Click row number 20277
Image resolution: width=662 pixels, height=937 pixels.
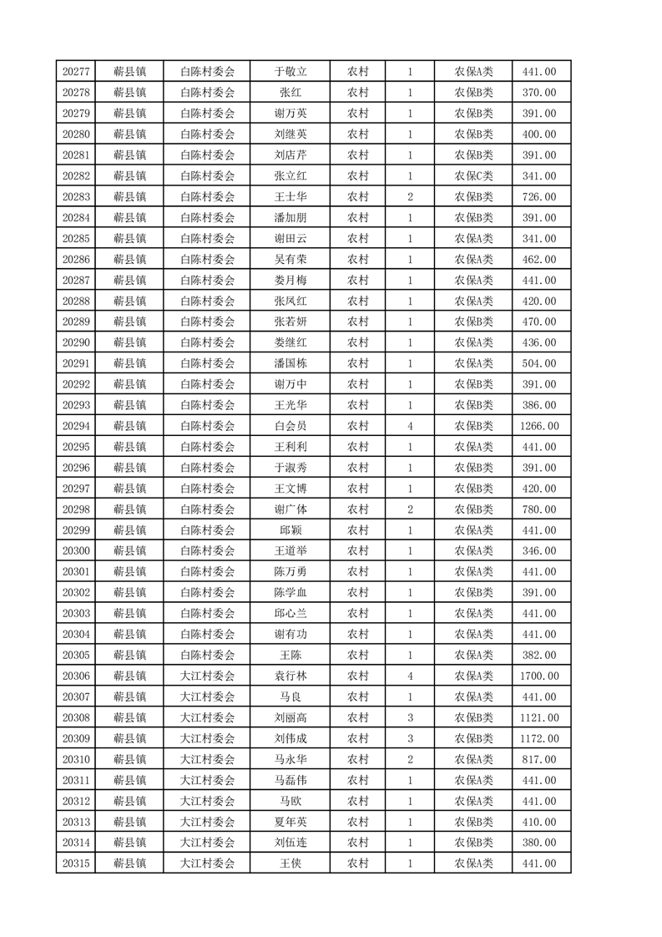tap(76, 72)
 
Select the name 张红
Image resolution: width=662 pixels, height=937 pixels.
tap(291, 93)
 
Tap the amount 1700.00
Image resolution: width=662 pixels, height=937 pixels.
tap(539, 676)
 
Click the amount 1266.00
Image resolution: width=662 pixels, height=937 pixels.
tap(539, 426)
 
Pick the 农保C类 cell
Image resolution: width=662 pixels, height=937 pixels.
tap(473, 176)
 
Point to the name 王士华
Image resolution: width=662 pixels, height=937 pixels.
tap(291, 197)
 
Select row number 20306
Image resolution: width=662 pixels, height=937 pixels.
tap(76, 676)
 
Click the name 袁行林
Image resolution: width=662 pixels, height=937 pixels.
tap(291, 676)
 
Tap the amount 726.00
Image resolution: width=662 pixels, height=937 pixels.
tap(539, 197)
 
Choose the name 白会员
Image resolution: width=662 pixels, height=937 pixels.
tap(291, 426)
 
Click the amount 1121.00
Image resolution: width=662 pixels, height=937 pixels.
tap(539, 717)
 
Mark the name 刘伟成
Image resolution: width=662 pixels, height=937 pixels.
tap(291, 738)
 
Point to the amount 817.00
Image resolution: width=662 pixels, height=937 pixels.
tap(539, 759)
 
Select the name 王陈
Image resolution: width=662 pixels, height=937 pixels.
tap(291, 655)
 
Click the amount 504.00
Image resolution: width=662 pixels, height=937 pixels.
tap(539, 363)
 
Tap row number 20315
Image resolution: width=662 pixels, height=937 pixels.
tap(76, 864)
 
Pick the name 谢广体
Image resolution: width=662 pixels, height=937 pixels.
tap(291, 509)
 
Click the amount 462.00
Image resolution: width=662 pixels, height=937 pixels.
tap(539, 260)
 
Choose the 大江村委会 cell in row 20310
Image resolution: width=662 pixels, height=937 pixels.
tap(208, 759)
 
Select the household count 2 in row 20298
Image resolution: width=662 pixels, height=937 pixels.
tap(410, 509)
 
